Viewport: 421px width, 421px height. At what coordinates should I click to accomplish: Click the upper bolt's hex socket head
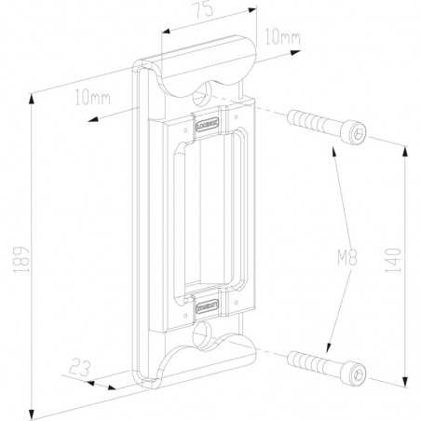tap(354, 135)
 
